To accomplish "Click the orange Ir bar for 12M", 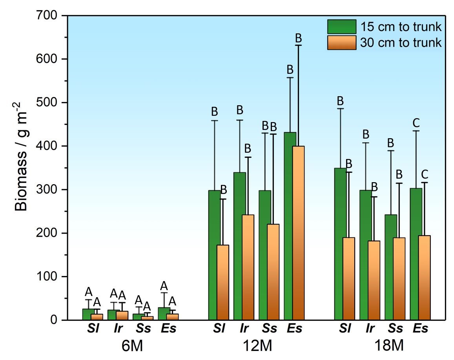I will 248,267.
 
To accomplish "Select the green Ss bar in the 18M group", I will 390,267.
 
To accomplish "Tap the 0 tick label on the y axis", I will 58,320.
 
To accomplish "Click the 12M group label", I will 258,345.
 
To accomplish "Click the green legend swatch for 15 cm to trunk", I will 341,27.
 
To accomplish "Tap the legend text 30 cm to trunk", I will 401,42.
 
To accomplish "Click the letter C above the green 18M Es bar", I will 416,123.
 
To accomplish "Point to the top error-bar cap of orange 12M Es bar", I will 299,46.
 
